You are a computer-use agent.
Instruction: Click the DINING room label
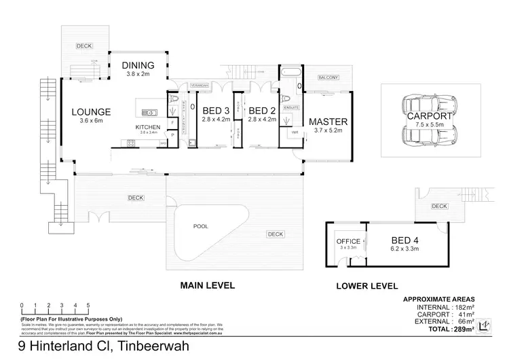click(138, 65)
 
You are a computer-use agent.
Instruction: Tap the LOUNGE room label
click(92, 112)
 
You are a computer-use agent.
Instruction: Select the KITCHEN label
click(147, 128)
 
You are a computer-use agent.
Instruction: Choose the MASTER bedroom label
click(328, 122)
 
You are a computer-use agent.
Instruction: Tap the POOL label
click(200, 226)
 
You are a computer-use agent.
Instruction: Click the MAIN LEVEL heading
click(206, 285)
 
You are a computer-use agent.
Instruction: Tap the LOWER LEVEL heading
click(367, 286)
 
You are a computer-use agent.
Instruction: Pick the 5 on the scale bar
click(88, 304)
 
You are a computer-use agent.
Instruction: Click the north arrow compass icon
click(483, 326)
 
